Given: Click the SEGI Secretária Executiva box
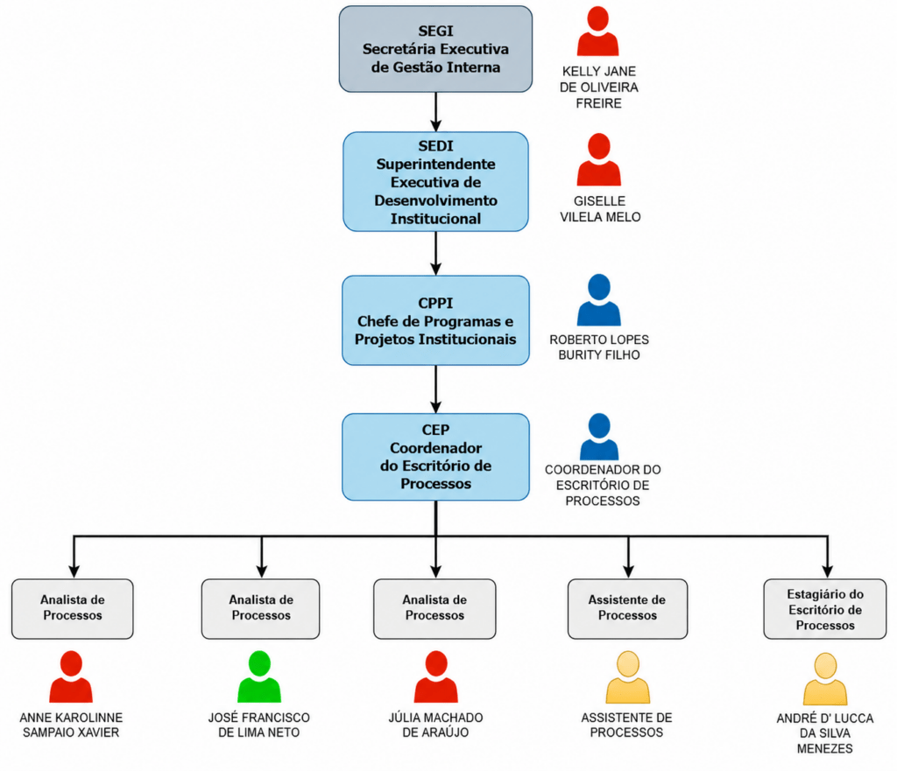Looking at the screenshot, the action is point(435,49).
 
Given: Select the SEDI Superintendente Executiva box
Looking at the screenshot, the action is point(435,182).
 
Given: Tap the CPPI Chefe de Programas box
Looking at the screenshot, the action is point(435,320).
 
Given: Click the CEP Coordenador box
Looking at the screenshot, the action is point(435,457).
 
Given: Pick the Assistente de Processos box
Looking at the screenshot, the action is point(627,609).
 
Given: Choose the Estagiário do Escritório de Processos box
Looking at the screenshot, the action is point(825,609).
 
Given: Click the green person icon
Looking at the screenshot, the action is point(259,676).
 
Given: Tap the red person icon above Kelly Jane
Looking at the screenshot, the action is point(597,32).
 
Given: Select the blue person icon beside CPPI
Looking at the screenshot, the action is point(599,300).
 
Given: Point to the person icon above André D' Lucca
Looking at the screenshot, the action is point(825,679).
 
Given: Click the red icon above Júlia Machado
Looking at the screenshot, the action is point(436,676).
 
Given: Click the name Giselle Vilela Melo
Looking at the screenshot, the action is point(600,209).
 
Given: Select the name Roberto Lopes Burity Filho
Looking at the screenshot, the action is point(599,347).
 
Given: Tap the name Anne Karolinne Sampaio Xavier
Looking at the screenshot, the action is point(71,725).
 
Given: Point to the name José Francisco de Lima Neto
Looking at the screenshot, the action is point(259,725).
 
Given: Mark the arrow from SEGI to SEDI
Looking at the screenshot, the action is point(436,112).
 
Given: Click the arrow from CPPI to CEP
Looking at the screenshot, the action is point(436,389).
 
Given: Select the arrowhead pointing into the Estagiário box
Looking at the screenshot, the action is point(827,571).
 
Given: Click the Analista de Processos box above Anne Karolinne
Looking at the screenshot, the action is point(73,609).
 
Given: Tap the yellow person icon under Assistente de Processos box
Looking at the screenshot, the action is point(627,677).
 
